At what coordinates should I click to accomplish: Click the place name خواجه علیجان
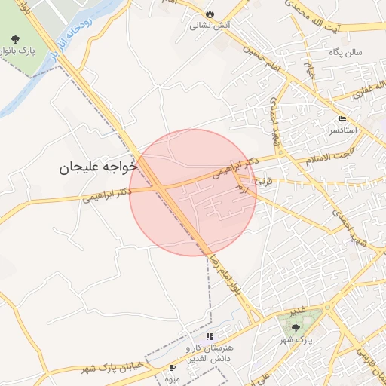click(x=98, y=167)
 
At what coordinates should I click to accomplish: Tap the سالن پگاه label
click(x=345, y=53)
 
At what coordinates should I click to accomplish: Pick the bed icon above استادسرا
click(x=342, y=118)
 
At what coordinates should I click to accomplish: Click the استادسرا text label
click(x=342, y=130)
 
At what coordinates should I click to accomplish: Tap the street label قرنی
click(x=263, y=182)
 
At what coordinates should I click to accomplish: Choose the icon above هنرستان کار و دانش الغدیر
click(x=209, y=336)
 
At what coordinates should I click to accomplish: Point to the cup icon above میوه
click(x=173, y=367)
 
